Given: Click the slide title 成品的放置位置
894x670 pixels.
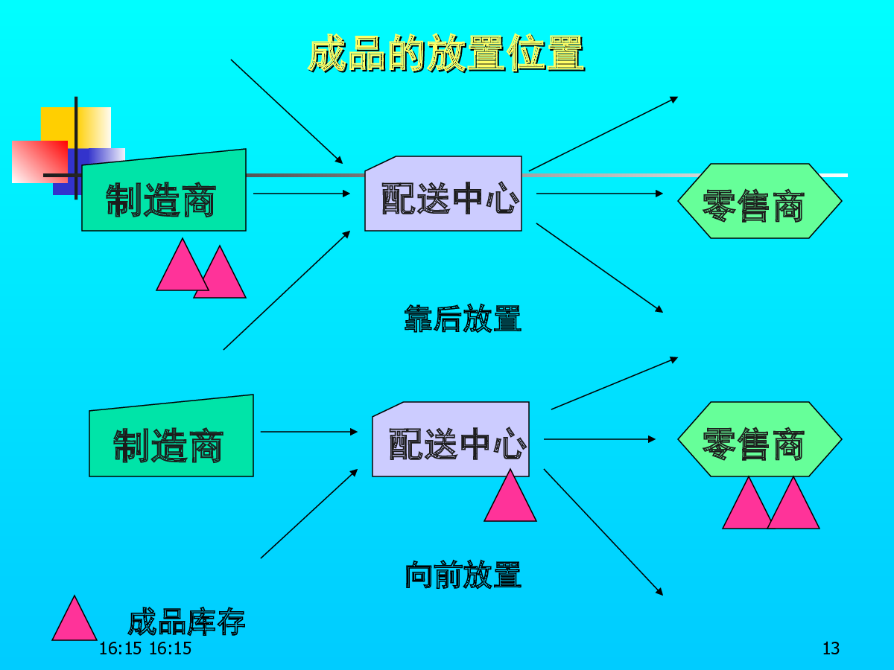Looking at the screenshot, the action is coord(446,53).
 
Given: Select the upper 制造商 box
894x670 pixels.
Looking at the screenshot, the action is coord(164,191).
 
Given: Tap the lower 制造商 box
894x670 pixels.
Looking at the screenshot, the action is coord(171,436).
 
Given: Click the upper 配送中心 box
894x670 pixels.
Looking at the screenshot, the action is coord(443,194).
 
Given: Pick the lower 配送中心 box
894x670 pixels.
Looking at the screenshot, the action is coord(451,439).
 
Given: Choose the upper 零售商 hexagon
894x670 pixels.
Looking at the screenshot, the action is coord(760,201).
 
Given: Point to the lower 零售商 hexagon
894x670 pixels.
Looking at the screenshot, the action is coord(760,439).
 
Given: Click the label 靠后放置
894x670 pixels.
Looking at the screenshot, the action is coord(463,318).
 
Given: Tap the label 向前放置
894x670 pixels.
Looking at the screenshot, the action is coord(463,575).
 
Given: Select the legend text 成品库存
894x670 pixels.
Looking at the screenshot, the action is coord(186,622).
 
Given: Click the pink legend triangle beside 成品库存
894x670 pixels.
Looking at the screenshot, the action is coord(74,619).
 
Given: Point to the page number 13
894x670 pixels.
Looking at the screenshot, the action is coord(831,648).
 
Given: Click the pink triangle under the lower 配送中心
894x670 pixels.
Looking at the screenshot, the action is coord(510,496).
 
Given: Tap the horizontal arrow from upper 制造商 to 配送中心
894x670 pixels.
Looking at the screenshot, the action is coord(302,194).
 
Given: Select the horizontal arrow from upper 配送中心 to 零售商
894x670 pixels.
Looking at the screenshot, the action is coord(600,194).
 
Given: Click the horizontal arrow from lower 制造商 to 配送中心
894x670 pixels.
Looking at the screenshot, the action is coord(308,432).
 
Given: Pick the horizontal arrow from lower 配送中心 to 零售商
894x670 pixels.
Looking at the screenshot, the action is coord(600,439).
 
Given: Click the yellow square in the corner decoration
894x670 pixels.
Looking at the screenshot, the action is coord(76,128).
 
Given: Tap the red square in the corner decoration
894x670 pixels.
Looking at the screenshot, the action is coord(40,162).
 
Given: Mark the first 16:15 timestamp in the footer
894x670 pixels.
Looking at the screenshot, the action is coord(120,648).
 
